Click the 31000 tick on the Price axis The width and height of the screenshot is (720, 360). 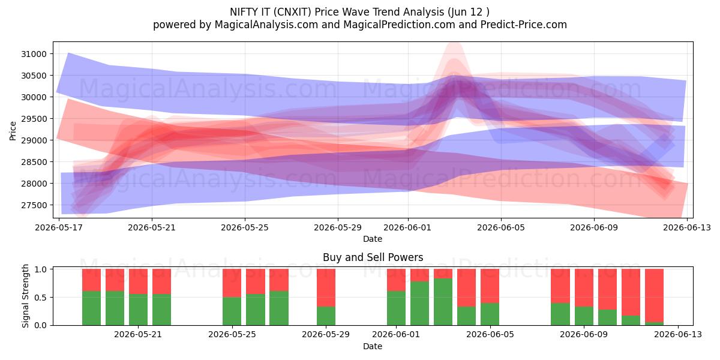point(34,54)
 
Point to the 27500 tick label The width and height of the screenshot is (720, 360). point(34,205)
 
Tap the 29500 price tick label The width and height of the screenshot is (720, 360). point(34,119)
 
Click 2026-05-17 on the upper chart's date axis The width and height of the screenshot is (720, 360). point(59,227)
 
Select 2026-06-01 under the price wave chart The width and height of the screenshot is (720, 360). point(407,227)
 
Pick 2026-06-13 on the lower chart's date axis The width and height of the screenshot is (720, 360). point(678,335)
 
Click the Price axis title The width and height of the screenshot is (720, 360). point(13,131)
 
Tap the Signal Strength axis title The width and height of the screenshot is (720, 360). point(25,296)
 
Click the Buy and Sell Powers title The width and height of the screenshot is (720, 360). point(373,257)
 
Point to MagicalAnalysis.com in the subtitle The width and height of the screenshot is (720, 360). point(266,25)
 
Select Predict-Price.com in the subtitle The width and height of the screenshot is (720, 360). point(524,25)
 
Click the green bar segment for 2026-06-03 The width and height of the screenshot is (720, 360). point(443,302)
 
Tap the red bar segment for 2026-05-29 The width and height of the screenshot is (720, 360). point(326,287)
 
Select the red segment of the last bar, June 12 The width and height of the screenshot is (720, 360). point(654,295)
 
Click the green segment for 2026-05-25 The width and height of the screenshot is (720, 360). point(232,311)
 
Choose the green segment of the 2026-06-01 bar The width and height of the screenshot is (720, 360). point(396,308)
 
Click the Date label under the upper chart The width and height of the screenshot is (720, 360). point(373,239)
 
